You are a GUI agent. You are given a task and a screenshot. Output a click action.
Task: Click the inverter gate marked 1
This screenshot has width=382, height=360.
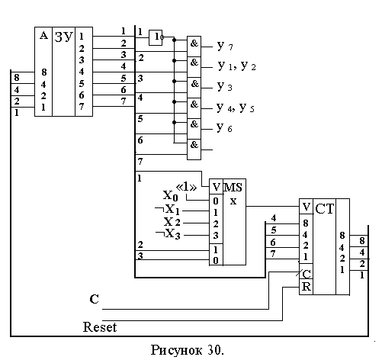coord(156,38)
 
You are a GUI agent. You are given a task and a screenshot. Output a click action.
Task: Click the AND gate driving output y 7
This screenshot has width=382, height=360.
coord(194,47)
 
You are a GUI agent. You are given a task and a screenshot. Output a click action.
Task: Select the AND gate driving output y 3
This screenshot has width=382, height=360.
coord(194,88)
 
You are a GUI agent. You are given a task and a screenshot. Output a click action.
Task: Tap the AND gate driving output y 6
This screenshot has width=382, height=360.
coord(194,129)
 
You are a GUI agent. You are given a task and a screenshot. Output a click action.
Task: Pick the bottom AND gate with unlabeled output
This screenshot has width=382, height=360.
coord(194,149)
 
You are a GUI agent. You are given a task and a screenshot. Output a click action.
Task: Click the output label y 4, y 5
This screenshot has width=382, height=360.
coord(235,108)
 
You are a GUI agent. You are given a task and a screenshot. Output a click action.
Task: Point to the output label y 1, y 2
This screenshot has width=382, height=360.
coord(236,66)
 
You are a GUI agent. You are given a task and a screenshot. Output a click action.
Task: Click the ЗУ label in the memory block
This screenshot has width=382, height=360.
coord(63,37)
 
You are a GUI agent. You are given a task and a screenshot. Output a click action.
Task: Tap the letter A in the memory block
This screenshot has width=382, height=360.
coord(43,36)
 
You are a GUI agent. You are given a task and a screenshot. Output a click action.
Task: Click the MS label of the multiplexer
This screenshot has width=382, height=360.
coord(233,188)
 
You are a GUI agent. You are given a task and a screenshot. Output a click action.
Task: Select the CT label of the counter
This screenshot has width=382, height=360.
coord(324,209)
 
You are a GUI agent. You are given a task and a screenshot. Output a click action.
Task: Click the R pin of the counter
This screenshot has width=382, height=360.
coord(306,287)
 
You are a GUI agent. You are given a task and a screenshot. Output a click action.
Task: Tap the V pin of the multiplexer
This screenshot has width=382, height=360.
coord(216,187)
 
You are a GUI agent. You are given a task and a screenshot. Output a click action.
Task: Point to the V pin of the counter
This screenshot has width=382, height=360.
coord(307,207)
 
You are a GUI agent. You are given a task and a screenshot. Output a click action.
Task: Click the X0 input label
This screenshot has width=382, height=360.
coord(170,196)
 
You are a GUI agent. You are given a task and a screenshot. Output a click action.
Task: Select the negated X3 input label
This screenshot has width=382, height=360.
coord(168,234)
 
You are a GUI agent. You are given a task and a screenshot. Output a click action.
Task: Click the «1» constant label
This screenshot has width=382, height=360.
coord(186,188)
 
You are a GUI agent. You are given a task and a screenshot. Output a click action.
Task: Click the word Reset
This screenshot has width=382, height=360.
coord(100,327)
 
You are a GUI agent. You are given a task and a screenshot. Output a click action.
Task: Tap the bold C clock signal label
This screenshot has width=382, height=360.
coord(94,299)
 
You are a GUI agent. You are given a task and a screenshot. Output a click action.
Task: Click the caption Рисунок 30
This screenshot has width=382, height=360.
coord(188,350)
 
